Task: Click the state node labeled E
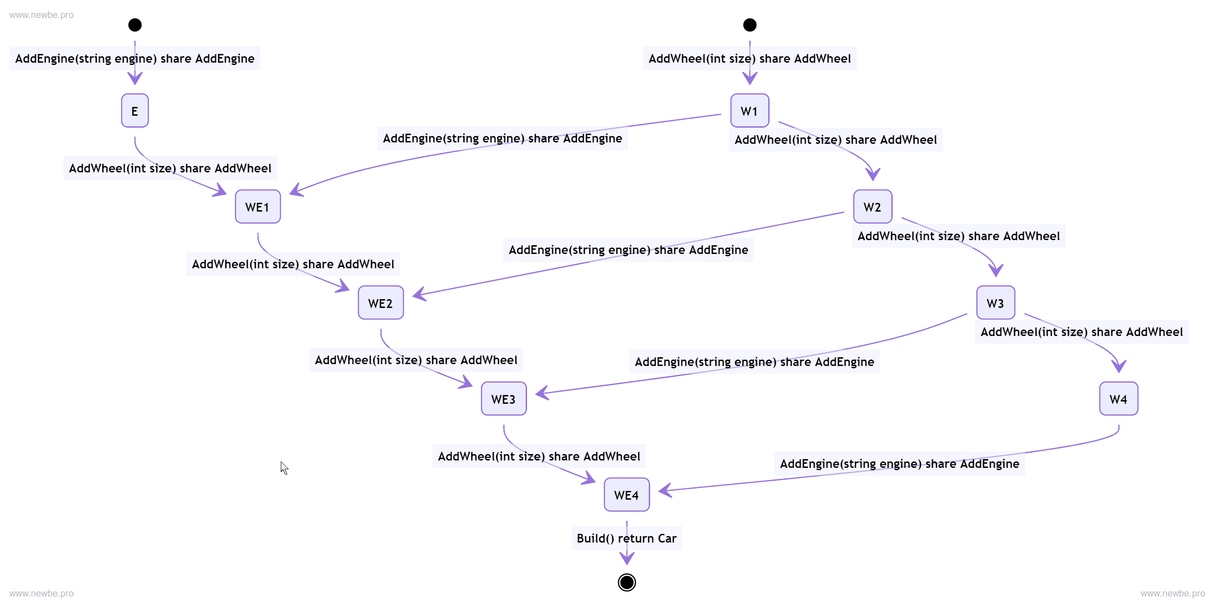135,111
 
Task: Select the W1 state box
749,111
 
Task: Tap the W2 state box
872,207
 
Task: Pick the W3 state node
995,303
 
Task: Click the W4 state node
1118,399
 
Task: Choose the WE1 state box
258,207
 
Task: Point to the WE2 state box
380,303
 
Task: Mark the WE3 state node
503,399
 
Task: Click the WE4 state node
626,495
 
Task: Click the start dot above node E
135,25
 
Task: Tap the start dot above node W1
749,25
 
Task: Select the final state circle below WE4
626,583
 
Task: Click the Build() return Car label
626,538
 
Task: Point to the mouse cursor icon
284,467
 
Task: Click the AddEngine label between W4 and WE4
899,464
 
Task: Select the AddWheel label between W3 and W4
1081,332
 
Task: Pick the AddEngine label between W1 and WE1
502,138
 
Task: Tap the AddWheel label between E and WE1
170,168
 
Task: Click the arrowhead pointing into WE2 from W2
418,295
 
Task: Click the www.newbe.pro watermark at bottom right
1173,593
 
